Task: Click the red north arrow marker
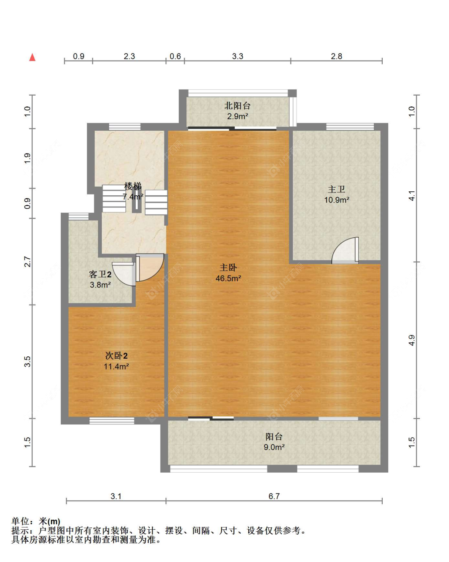(x=32, y=57)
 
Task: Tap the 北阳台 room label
(x=237, y=106)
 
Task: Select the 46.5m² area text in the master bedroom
(x=228, y=279)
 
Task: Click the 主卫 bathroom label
(x=336, y=189)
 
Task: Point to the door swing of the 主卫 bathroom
(x=346, y=251)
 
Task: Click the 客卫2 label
(x=100, y=274)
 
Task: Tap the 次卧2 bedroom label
(x=116, y=356)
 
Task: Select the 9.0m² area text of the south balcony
(x=274, y=447)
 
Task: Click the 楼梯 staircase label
(x=133, y=186)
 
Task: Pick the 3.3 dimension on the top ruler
(x=237, y=56)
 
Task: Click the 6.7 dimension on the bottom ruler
(x=274, y=496)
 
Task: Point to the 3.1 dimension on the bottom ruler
(x=116, y=496)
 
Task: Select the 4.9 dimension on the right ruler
(x=411, y=340)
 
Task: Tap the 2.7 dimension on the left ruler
(x=27, y=262)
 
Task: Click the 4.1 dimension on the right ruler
(x=411, y=195)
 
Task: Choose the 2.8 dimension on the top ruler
(x=336, y=56)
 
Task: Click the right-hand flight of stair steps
(x=156, y=202)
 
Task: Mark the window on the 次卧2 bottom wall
(x=112, y=421)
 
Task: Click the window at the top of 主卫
(x=350, y=127)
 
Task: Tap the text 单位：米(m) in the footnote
(x=36, y=521)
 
